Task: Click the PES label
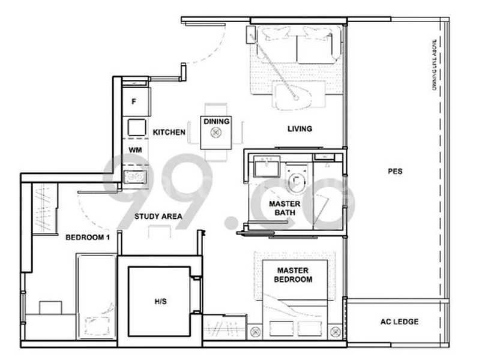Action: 394,171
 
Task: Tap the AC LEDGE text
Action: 399,322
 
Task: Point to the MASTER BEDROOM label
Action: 293,275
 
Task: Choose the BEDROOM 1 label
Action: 88,237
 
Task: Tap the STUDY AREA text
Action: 158,217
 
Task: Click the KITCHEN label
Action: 169,132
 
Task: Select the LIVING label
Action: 300,128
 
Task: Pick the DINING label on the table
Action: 216,122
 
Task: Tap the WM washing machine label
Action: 134,150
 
